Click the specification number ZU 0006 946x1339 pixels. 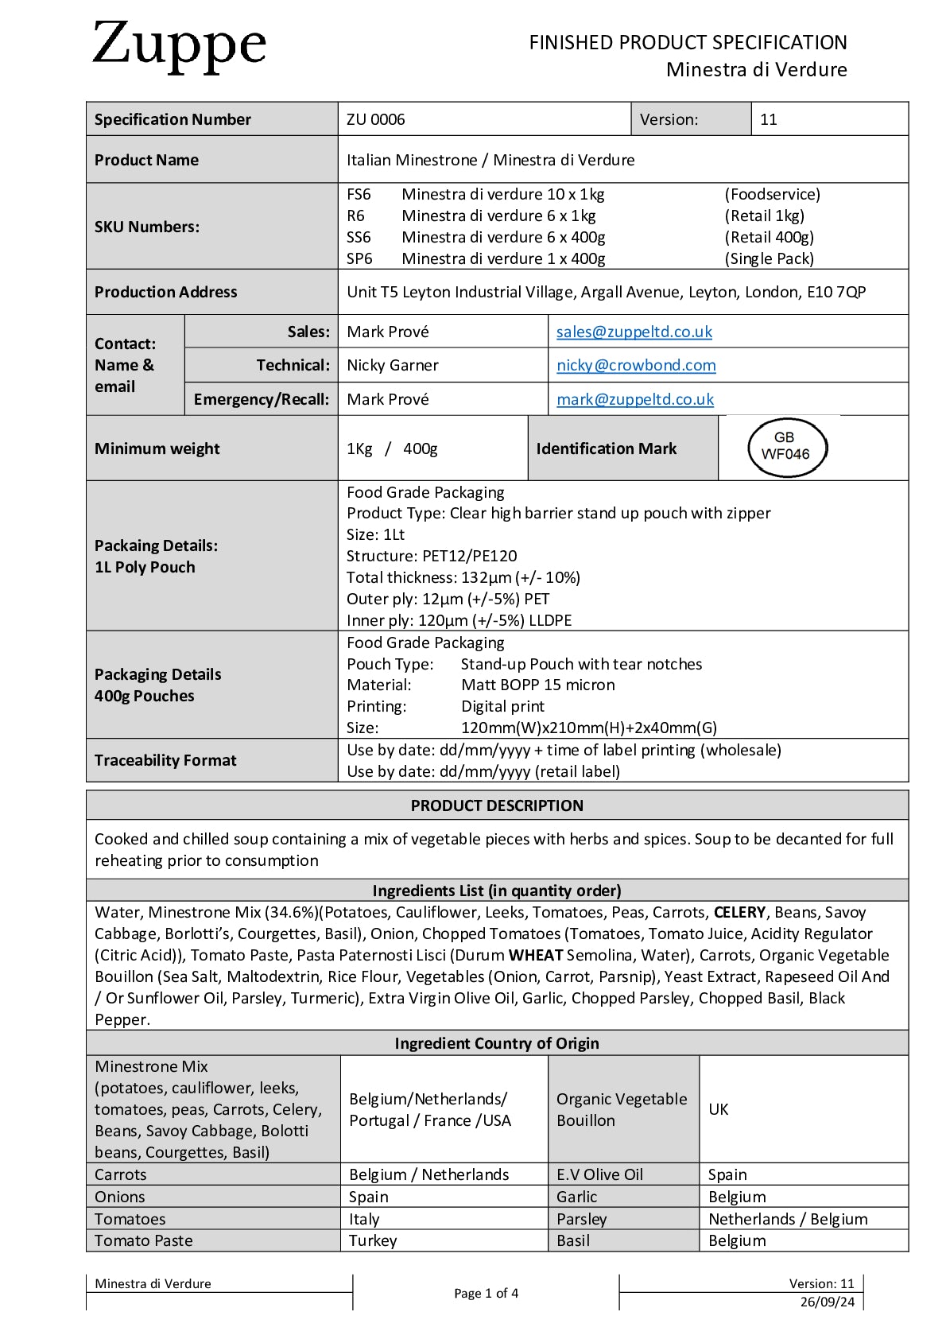(x=375, y=119)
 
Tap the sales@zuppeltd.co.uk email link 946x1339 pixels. (x=634, y=332)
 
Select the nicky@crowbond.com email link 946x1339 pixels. (x=636, y=365)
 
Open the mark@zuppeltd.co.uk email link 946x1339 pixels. (x=634, y=399)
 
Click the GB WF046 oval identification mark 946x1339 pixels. (x=786, y=447)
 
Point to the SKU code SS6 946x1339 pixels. (x=359, y=237)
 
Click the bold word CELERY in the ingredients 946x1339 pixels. (x=739, y=912)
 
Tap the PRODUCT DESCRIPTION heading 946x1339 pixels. (x=497, y=805)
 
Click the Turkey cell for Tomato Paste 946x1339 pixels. (x=373, y=1240)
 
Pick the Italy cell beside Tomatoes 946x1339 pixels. (x=364, y=1219)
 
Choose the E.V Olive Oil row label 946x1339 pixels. (x=599, y=1174)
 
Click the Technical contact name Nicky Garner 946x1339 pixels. (x=393, y=365)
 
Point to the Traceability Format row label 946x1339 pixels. (x=165, y=760)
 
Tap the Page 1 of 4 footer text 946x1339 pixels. (x=486, y=1293)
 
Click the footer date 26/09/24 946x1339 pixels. (x=827, y=1302)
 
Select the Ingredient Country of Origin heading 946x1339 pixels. (x=497, y=1043)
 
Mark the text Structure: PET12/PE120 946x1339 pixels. (x=432, y=556)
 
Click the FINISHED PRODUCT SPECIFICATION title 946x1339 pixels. (x=688, y=42)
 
